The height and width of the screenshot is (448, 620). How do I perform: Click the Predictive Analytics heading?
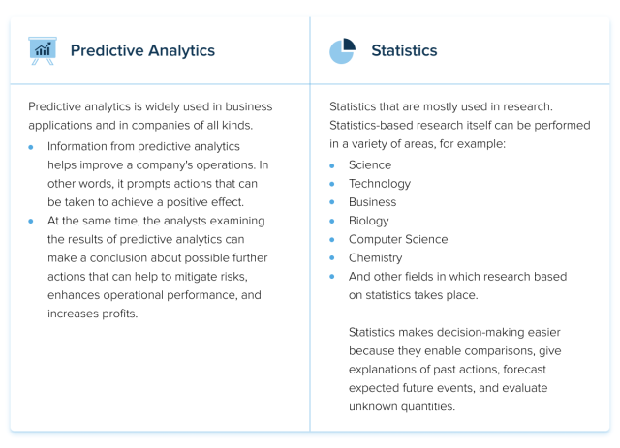coord(142,50)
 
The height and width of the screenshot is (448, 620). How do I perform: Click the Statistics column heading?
coord(404,50)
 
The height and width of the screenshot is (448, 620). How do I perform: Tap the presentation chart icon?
coord(43,50)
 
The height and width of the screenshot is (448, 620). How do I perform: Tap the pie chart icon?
coord(342,50)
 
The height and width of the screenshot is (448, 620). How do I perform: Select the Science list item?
coord(371,164)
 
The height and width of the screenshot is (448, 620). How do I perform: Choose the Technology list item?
coord(380,183)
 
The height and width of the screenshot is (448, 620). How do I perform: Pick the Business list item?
coord(373,201)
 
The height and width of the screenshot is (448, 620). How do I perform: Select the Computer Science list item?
coord(398,238)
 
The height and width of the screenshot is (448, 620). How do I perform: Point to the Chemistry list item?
coord(376,257)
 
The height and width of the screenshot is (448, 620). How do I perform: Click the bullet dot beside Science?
coord(332,165)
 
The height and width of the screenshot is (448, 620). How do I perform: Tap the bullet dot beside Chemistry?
coord(332,258)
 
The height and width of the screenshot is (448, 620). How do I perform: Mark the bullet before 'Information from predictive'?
coord(32,147)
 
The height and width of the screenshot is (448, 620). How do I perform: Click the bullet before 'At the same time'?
coord(32,222)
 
